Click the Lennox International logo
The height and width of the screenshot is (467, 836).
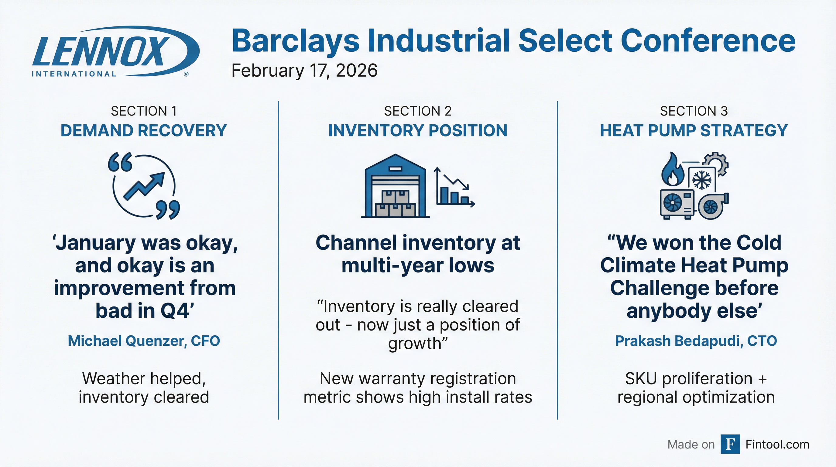pos(115,51)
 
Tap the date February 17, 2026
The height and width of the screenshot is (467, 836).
pos(304,71)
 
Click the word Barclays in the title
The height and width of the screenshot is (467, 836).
pos(296,41)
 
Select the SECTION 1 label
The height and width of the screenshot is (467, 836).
pos(144,111)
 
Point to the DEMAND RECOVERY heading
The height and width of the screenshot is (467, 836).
pos(143,130)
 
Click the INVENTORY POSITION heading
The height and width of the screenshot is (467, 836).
pos(418,130)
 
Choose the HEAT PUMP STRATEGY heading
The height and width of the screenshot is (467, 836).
pos(694,130)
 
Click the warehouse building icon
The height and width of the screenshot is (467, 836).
pos(395,186)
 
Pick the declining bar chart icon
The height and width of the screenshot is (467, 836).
pos(455,187)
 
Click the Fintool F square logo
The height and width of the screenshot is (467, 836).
pos(730,444)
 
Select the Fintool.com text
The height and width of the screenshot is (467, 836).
pos(777,444)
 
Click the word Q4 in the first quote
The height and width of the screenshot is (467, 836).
pos(175,311)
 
